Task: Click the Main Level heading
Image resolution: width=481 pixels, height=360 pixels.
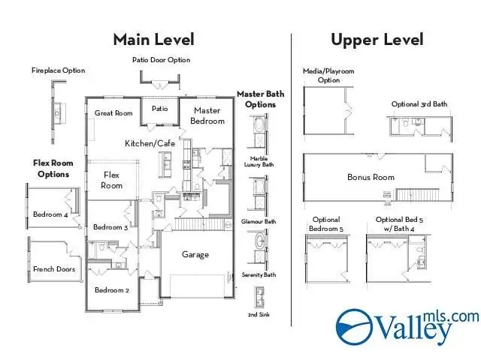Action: [x=153, y=40]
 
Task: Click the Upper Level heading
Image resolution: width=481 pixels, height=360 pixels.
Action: [x=377, y=40]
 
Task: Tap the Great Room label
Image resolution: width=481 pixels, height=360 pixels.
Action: [x=113, y=113]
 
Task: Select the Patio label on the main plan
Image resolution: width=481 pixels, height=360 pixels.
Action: [x=160, y=109]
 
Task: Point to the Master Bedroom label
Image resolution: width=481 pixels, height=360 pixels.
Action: [x=207, y=115]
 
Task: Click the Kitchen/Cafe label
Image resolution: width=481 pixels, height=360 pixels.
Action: [x=150, y=143]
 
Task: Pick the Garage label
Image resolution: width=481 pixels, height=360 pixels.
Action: [x=195, y=254]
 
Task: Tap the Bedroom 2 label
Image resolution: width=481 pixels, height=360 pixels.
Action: [x=112, y=290]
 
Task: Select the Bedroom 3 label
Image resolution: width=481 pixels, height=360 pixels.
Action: [x=110, y=227]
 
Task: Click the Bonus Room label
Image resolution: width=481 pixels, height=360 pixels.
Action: [x=371, y=177]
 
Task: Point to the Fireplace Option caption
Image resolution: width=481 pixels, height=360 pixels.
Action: [x=59, y=70]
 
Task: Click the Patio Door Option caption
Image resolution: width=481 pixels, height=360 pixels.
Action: [x=161, y=60]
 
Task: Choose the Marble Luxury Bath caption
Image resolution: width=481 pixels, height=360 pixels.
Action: [x=259, y=162]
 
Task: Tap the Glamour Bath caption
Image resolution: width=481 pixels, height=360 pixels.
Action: [x=259, y=221]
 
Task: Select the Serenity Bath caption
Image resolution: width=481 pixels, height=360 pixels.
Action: [x=259, y=274]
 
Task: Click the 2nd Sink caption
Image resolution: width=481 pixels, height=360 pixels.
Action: [x=259, y=314]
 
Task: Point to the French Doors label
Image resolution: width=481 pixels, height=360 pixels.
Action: [x=54, y=269]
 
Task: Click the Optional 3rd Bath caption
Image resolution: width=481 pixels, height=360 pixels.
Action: [x=419, y=104]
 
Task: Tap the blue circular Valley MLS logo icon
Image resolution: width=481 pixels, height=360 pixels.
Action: [x=354, y=327]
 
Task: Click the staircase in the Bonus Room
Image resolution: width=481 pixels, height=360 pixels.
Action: [x=418, y=195]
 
